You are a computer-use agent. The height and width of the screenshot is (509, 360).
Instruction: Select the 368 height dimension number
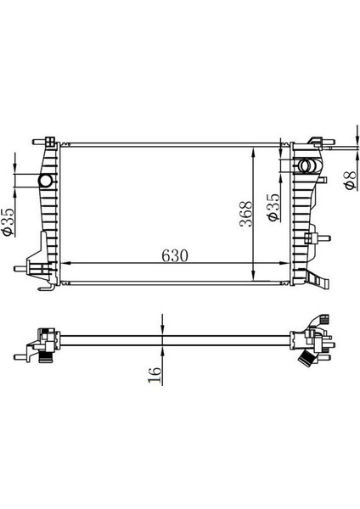(244, 217)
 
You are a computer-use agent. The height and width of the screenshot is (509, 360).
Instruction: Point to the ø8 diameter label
(348, 181)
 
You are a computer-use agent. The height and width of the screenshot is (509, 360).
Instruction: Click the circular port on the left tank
(46, 182)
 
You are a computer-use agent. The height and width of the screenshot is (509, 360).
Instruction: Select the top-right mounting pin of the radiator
(313, 139)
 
